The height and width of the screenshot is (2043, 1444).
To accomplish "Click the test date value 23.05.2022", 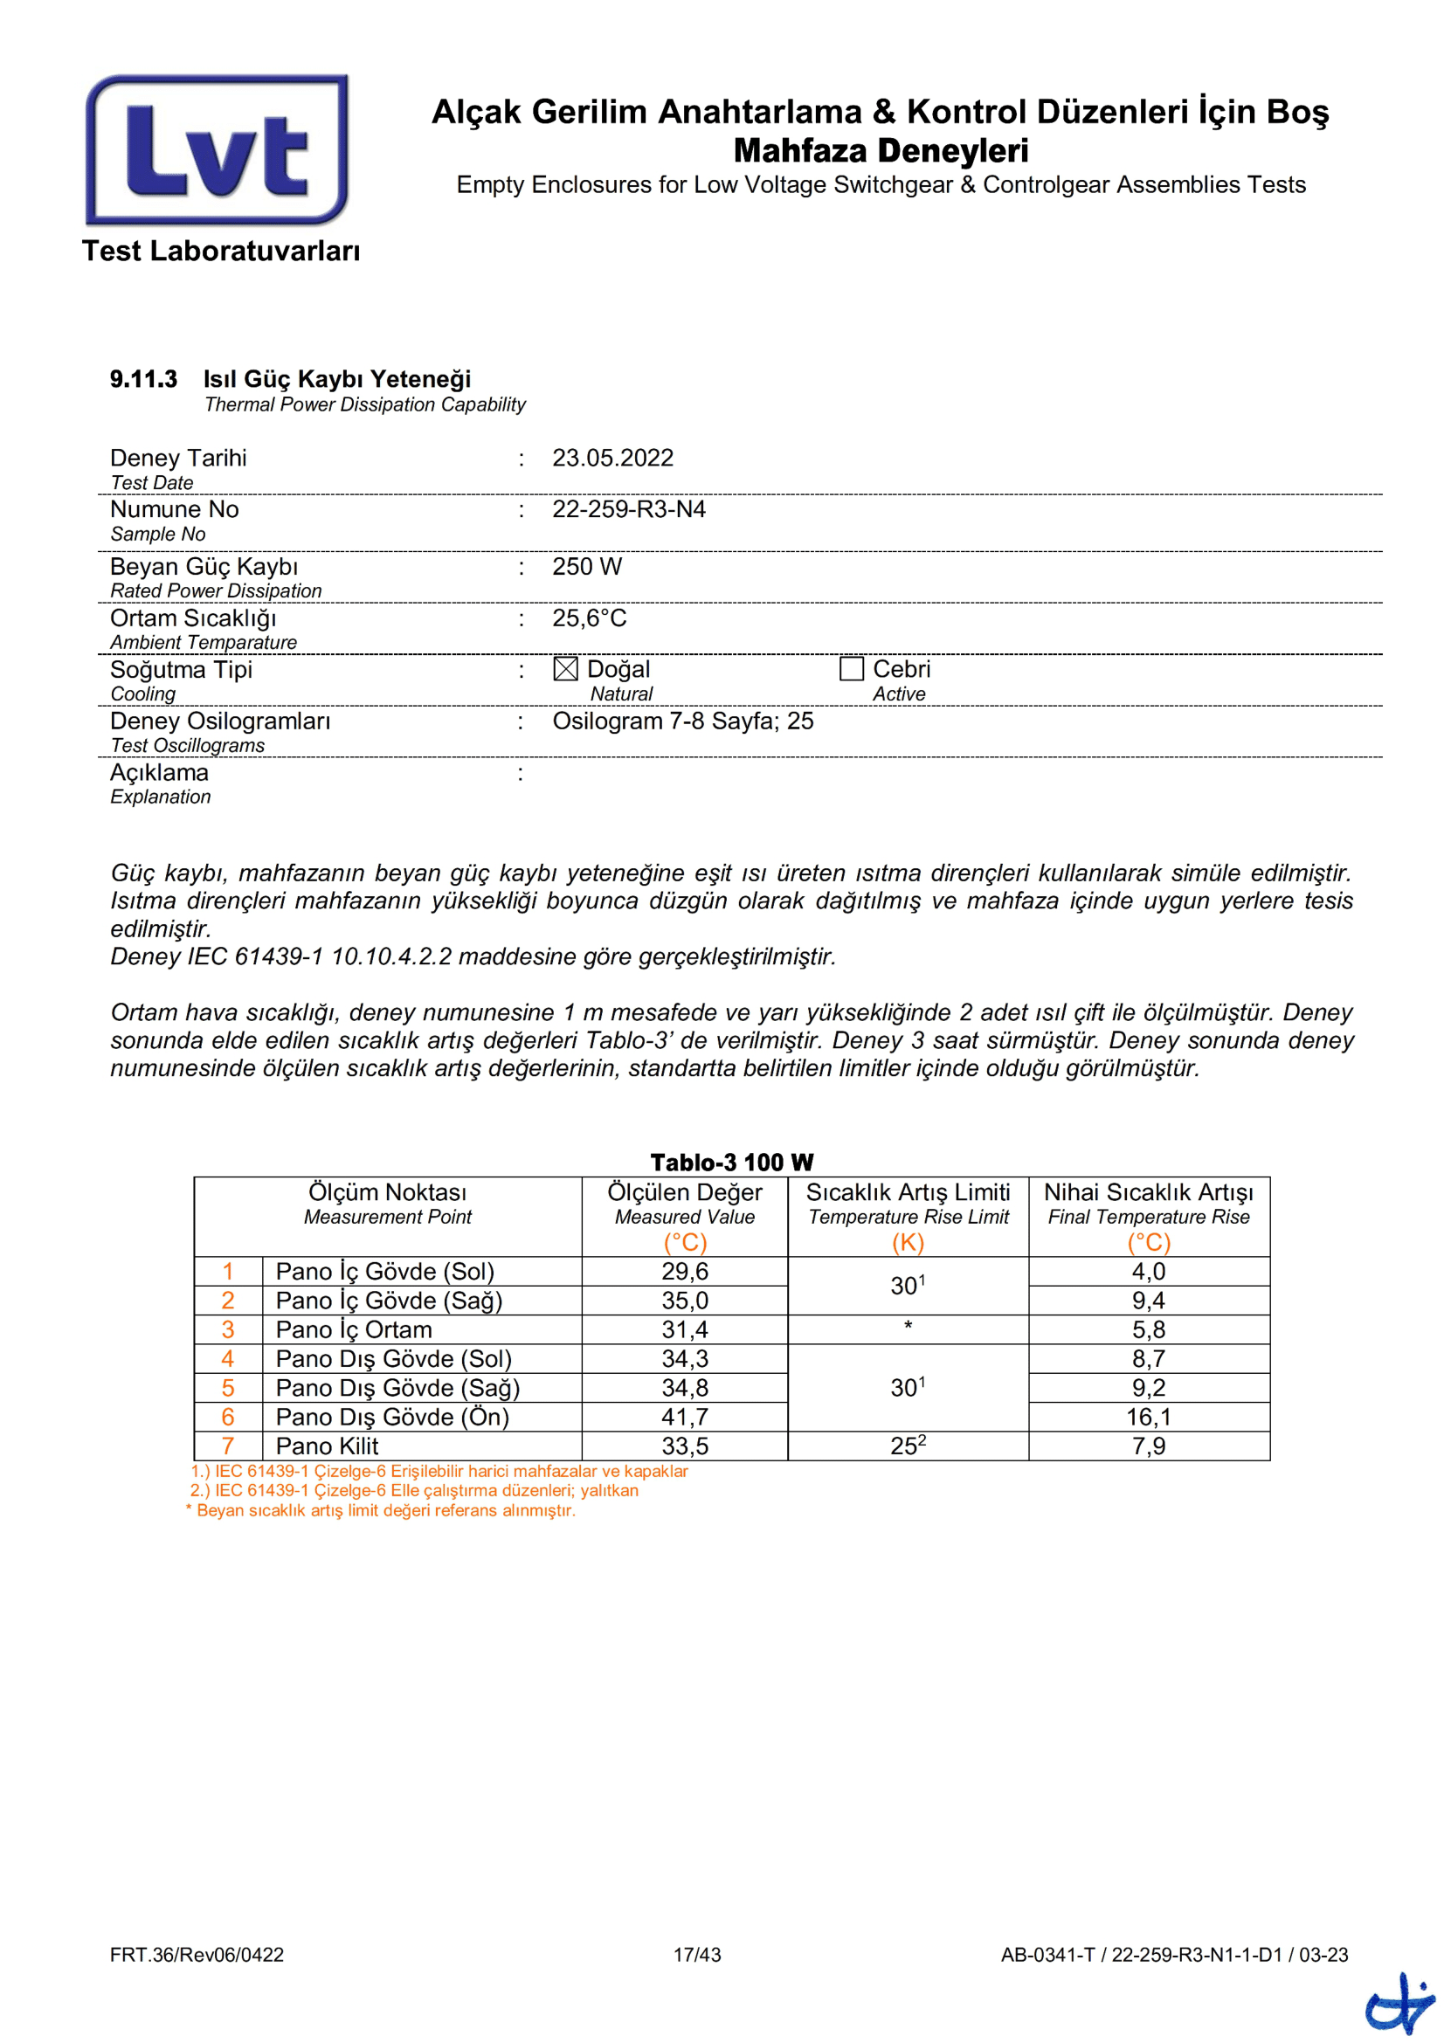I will point(612,459).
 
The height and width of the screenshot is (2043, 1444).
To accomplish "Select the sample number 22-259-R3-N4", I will point(628,510).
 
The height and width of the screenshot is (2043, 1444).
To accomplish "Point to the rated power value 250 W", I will point(586,567).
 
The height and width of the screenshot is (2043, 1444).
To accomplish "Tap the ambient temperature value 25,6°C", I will point(589,618).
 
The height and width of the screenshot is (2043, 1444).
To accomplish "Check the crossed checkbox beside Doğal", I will point(565,669).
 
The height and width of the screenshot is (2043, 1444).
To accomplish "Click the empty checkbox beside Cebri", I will point(852,669).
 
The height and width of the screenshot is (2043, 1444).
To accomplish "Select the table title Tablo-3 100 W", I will point(731,1163).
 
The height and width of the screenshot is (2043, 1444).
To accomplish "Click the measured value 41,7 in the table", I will point(684,1418).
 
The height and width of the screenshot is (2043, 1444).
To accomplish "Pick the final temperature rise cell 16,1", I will point(1148,1418).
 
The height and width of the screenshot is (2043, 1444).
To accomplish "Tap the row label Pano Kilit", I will point(327,1446).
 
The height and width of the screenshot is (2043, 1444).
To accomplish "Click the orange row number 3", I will point(228,1330).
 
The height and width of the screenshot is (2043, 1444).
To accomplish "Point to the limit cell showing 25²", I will point(908,1446).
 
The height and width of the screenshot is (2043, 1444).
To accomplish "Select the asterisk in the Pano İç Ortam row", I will point(908,1327).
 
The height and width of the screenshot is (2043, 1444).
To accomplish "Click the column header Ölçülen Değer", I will point(684,1193).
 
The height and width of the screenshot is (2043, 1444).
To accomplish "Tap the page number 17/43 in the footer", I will point(696,1955).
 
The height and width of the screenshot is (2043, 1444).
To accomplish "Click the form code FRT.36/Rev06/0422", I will point(197,1955).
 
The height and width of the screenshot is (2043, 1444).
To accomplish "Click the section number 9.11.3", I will point(143,380).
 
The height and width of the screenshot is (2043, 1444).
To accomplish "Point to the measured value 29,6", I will point(684,1273).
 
